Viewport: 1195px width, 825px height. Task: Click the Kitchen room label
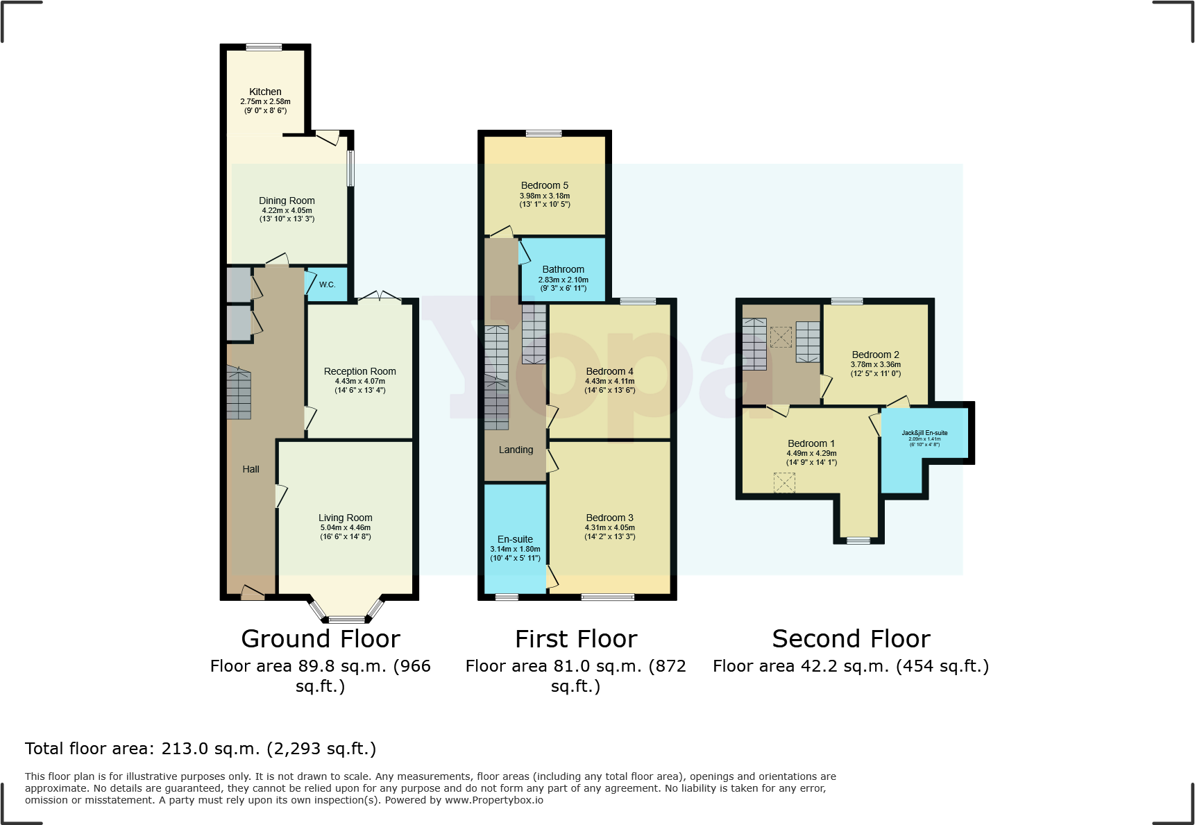coord(265,92)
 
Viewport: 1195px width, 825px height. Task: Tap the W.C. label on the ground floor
coord(327,284)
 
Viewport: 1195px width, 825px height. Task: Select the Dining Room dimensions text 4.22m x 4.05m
coord(287,210)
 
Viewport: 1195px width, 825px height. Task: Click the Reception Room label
coord(359,371)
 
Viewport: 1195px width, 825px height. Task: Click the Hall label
coord(251,469)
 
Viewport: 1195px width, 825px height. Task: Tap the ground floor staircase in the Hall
coord(238,394)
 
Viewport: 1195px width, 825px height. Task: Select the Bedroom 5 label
coord(544,185)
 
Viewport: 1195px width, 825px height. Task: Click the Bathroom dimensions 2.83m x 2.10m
coord(563,280)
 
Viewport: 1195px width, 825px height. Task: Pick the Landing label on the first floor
coord(516,450)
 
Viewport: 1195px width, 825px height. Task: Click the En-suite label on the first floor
coord(515,539)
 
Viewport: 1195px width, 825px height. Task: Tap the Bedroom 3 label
coord(609,518)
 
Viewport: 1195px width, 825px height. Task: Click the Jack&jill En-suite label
coord(924,433)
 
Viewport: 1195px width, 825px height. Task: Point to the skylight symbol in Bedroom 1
coord(784,482)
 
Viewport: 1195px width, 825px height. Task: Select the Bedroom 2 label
coord(875,355)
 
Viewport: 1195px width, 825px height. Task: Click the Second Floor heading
coord(851,638)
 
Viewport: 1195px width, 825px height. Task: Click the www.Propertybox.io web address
coord(494,800)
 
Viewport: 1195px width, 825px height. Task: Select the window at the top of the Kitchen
coord(264,47)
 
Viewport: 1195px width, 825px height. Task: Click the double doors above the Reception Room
coord(379,297)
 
